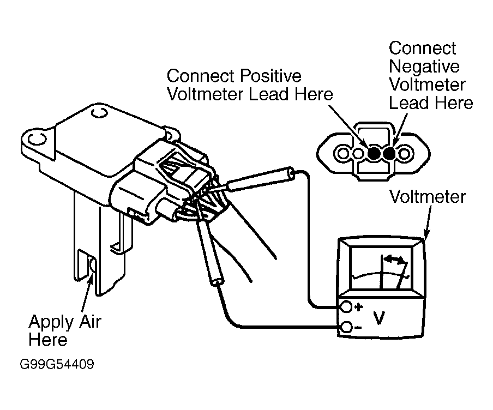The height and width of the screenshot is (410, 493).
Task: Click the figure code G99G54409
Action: [57, 364]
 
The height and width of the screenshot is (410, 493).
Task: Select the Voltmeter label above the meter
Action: [428, 197]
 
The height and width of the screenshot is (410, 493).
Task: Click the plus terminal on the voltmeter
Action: [346, 307]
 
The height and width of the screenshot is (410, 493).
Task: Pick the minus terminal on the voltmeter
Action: [346, 327]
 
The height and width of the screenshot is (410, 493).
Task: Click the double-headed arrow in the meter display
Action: [395, 259]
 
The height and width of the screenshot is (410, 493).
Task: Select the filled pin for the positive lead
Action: [374, 153]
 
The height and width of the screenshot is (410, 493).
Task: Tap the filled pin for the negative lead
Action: [389, 153]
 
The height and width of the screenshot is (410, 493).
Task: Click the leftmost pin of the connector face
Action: [343, 153]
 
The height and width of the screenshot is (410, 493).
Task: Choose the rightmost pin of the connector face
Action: [404, 153]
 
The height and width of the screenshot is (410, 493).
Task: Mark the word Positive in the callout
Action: [270, 76]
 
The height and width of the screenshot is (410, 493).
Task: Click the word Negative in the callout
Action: [424, 67]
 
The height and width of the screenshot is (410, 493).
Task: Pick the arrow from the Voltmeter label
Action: [428, 221]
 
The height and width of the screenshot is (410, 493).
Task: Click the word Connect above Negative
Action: [422, 48]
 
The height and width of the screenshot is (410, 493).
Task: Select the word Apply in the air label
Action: [51, 322]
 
